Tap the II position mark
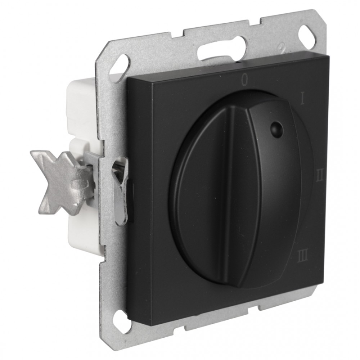point(320,176)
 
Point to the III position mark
point(303,257)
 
